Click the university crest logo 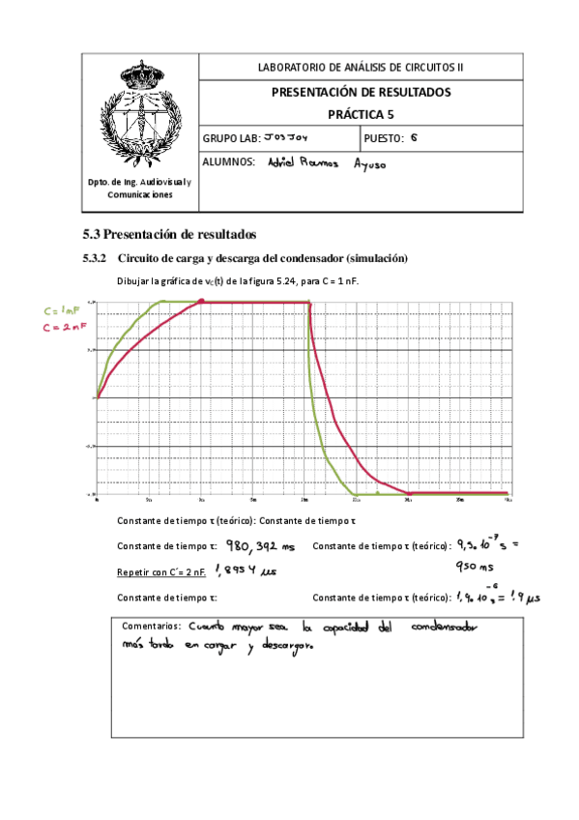pyautogui.click(x=139, y=114)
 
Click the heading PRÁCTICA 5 pyautogui.click(x=361, y=113)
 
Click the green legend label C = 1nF pyautogui.click(x=61, y=310)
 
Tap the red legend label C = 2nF pyautogui.click(x=61, y=327)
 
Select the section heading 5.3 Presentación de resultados pyautogui.click(x=168, y=234)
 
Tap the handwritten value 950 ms pyautogui.click(x=477, y=567)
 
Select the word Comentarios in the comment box pyautogui.click(x=151, y=626)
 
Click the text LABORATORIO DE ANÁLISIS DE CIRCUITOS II pyautogui.click(x=361, y=67)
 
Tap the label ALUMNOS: pyautogui.click(x=228, y=162)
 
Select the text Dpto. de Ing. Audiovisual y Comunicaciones pyautogui.click(x=139, y=189)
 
